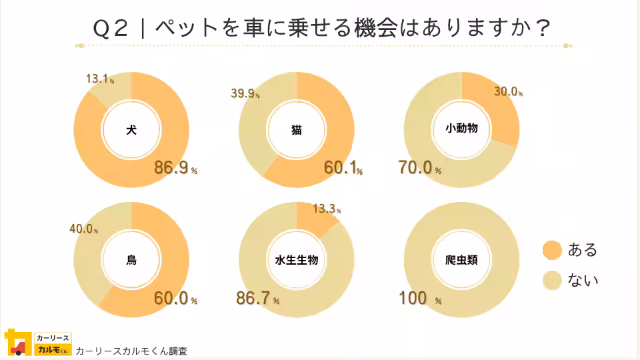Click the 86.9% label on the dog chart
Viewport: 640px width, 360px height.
click(175, 168)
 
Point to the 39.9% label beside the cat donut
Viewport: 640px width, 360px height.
click(245, 94)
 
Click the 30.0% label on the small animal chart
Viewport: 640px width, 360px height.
click(507, 92)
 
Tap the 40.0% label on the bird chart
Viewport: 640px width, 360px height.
click(83, 229)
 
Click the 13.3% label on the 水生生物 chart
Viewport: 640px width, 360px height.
click(326, 209)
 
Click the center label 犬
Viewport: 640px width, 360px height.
click(131, 130)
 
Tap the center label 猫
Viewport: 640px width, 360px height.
click(297, 130)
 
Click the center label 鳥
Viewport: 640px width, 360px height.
click(131, 260)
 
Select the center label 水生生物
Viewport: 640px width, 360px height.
click(297, 260)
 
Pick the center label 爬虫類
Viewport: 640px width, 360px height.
click(461, 260)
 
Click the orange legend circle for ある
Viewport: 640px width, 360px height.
click(553, 250)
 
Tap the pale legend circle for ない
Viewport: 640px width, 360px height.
click(553, 280)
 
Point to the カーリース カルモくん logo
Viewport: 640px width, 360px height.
click(37, 343)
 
